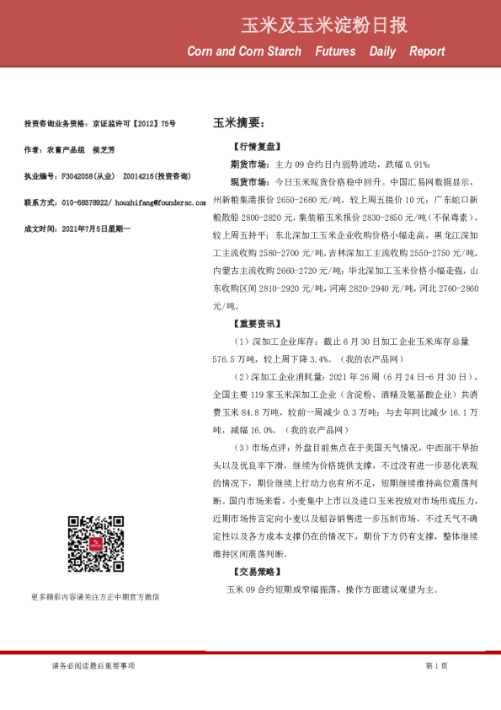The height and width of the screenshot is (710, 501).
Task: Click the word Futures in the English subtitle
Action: click(335, 51)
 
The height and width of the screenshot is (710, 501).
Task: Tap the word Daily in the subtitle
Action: click(382, 51)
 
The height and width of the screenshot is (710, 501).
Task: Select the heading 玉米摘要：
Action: click(239, 123)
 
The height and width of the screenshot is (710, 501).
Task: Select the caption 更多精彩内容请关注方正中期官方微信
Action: click(94, 597)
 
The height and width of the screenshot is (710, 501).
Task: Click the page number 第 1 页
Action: click(436, 666)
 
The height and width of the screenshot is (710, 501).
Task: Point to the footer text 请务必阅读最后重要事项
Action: click(93, 666)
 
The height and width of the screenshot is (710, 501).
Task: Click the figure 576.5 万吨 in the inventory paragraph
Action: click(235, 358)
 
